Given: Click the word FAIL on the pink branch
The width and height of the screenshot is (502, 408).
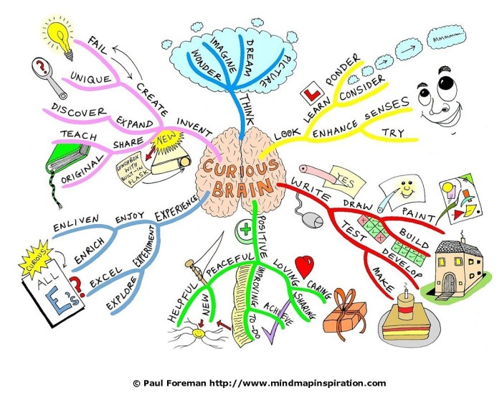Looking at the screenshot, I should pyautogui.click(x=103, y=51).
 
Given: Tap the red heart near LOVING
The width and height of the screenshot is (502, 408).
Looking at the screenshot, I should pyautogui.click(x=304, y=266).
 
